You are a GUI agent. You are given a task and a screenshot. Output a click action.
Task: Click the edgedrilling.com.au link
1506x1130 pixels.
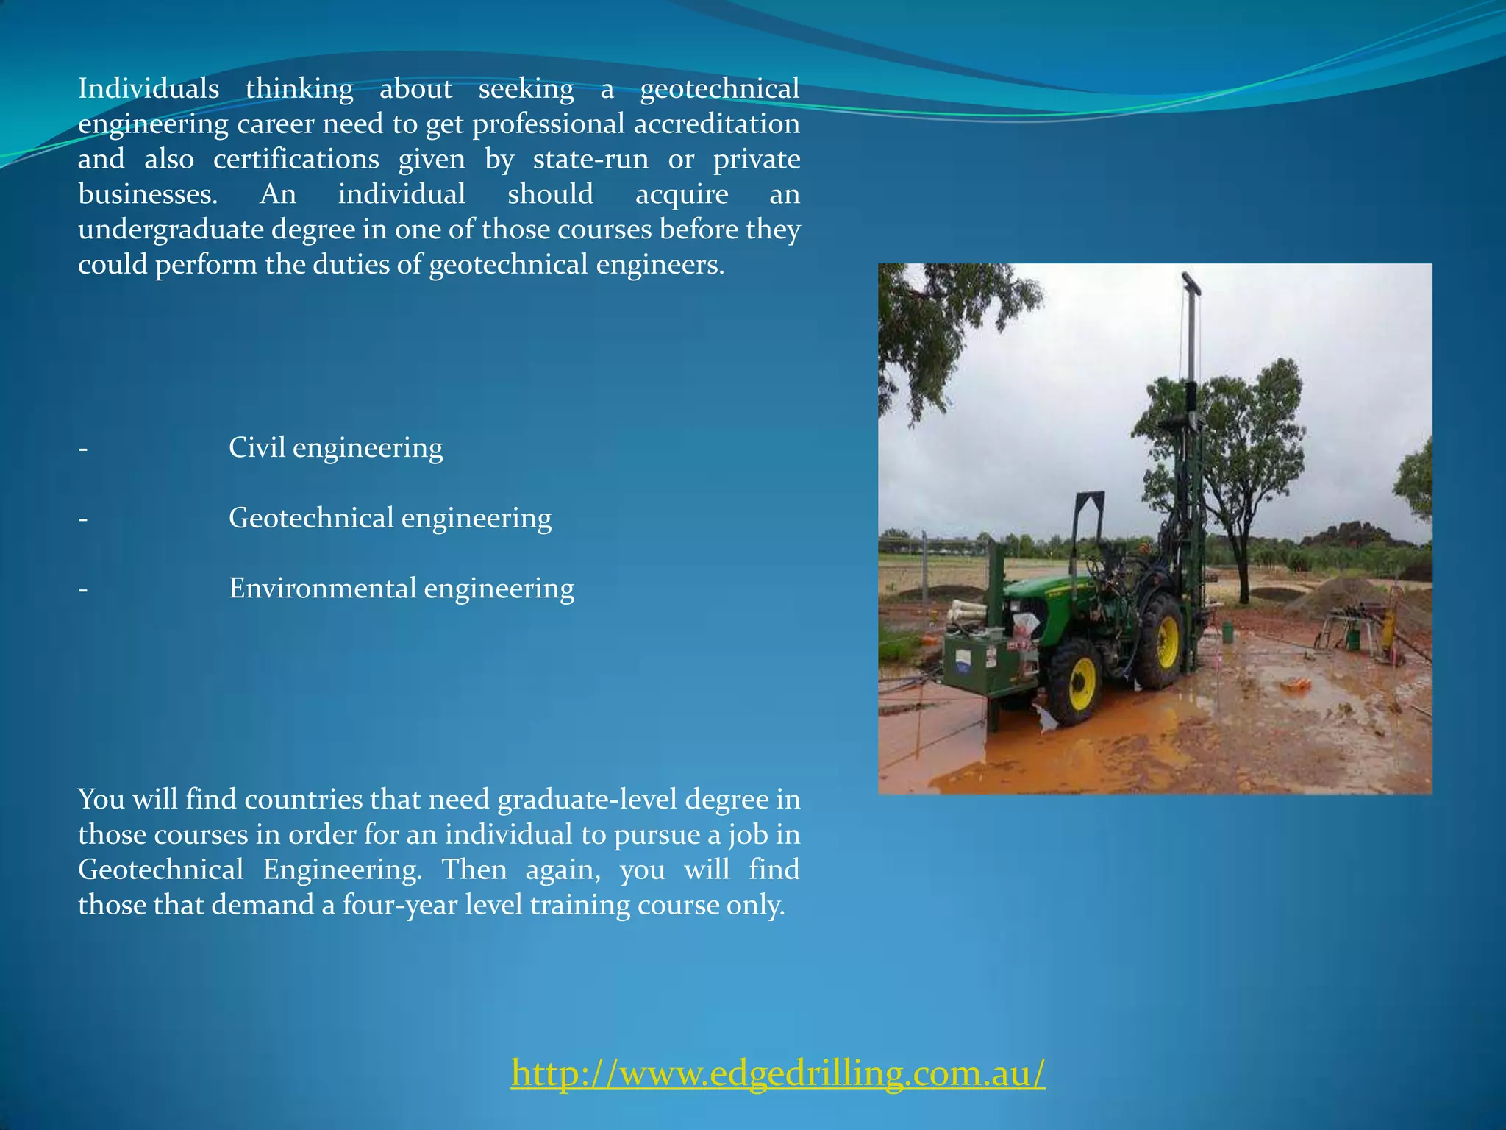(x=777, y=1073)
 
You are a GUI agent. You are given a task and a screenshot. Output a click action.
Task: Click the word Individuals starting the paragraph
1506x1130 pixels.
(x=149, y=89)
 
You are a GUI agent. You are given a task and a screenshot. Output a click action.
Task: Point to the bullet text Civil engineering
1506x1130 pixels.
(x=335, y=447)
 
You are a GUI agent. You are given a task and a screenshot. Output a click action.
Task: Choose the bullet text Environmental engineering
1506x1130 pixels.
(x=401, y=589)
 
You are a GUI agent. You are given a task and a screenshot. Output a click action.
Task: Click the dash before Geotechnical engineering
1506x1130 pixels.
(x=83, y=519)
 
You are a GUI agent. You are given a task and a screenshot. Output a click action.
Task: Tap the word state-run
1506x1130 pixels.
(x=590, y=159)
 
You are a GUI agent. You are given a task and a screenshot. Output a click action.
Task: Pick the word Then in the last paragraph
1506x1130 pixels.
(x=474, y=870)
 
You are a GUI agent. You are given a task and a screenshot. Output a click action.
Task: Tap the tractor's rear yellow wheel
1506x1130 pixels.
(x=1166, y=639)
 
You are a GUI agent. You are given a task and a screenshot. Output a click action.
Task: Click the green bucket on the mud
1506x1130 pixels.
(x=1227, y=632)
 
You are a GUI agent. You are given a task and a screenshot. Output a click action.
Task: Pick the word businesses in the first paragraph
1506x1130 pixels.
(x=148, y=194)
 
